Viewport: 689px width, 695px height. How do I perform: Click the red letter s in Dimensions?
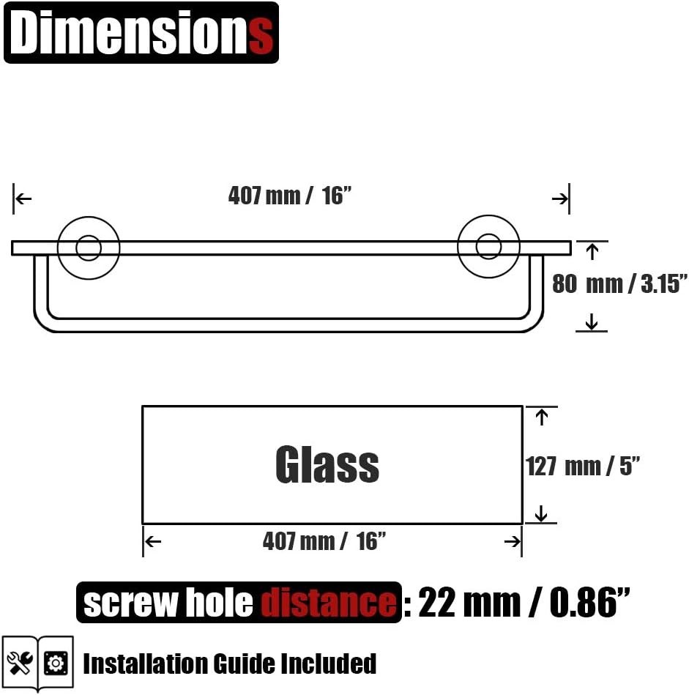point(260,34)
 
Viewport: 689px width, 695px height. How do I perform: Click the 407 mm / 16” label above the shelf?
point(290,196)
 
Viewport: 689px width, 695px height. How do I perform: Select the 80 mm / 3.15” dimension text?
point(619,283)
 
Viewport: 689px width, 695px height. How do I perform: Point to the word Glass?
point(327,464)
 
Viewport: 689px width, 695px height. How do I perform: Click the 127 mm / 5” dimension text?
point(583,466)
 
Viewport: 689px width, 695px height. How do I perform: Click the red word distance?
point(328,603)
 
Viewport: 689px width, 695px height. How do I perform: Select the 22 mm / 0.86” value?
point(524,602)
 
